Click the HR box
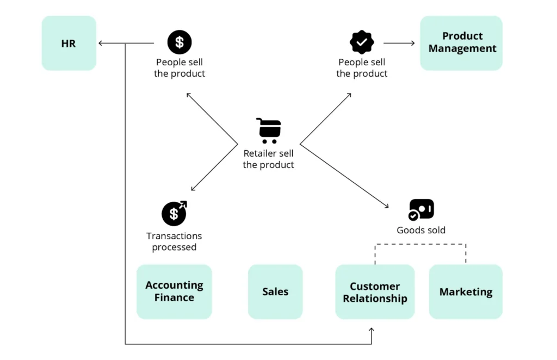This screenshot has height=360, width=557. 69,43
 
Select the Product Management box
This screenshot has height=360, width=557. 461,42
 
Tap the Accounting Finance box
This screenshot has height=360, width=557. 174,291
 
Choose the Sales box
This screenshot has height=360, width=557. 275,291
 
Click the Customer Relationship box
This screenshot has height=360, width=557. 375,292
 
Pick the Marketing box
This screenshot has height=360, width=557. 466,292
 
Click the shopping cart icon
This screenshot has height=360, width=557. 268,131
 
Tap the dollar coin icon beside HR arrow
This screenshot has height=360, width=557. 180,42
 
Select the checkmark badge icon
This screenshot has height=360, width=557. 362,42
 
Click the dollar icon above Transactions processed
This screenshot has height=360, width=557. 174,213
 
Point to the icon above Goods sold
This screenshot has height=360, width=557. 421,209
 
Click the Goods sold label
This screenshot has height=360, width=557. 421,230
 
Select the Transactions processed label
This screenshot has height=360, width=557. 174,241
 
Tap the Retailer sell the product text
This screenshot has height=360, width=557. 268,159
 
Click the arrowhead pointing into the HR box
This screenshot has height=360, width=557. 101,43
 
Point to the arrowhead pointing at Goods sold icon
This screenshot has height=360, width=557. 387,207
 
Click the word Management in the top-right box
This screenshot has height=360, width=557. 462,49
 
